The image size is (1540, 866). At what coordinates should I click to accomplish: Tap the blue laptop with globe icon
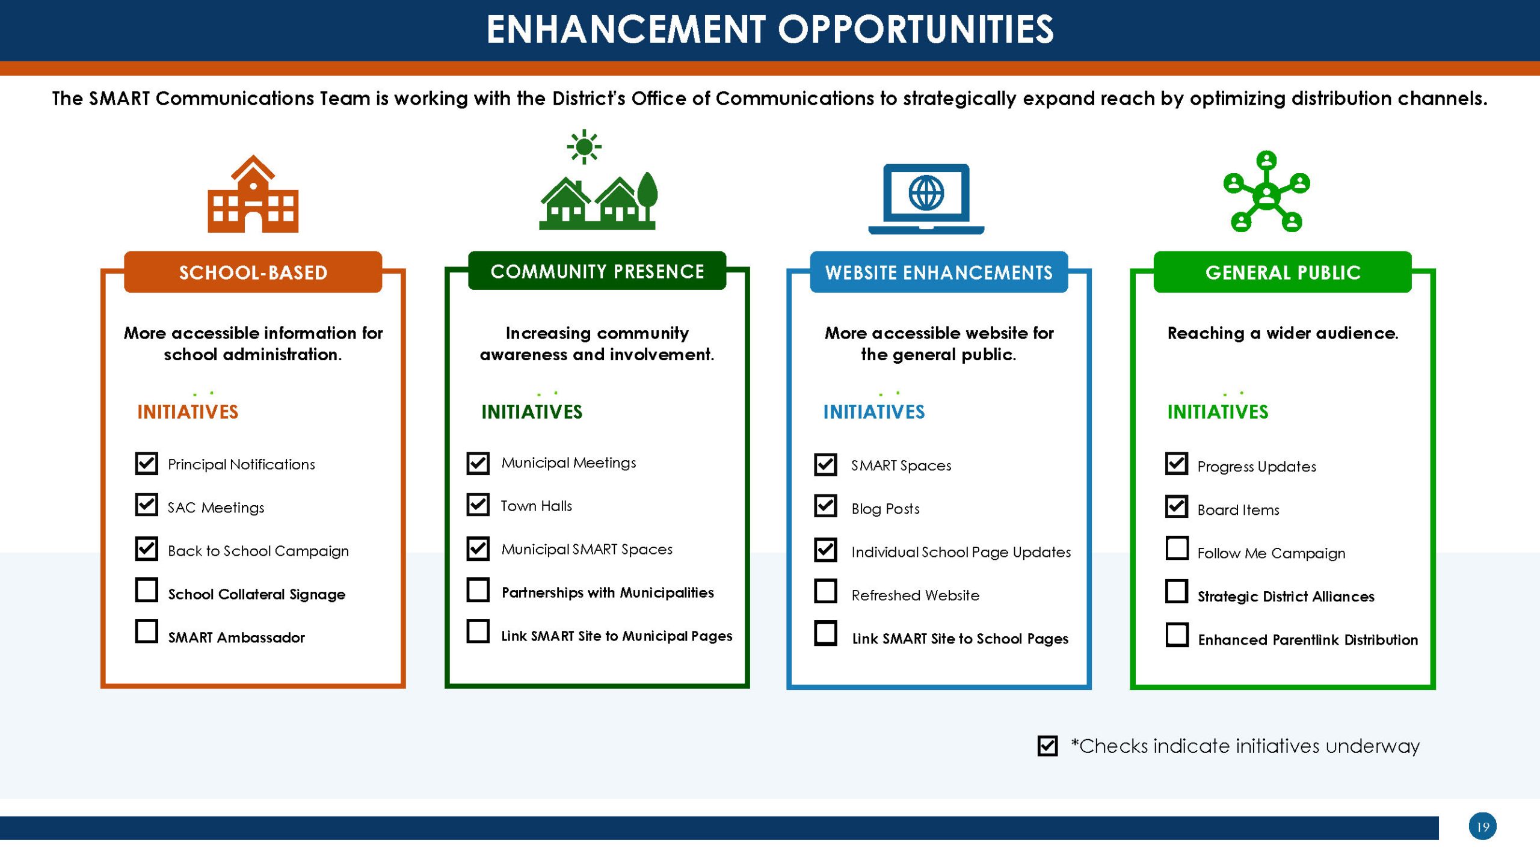tap(926, 199)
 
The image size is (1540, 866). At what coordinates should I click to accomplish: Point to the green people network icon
tap(1267, 191)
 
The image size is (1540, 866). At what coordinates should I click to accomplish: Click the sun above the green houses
tap(584, 147)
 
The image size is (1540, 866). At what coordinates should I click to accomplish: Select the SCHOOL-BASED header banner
tap(253, 272)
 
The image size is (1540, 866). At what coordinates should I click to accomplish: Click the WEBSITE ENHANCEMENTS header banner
tap(939, 272)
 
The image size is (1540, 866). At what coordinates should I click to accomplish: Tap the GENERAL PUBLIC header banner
tap(1283, 272)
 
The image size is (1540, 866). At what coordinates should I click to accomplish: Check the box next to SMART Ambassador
tap(146, 631)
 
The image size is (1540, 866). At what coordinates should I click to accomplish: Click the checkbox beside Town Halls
tap(478, 505)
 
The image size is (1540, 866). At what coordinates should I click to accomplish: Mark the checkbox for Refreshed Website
tap(825, 591)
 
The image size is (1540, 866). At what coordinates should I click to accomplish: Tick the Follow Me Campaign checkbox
tap(1177, 548)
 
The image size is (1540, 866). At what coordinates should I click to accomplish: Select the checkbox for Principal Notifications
tap(146, 464)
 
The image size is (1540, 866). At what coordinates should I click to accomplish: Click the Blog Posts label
tap(885, 509)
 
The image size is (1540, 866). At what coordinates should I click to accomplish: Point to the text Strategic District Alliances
tap(1286, 596)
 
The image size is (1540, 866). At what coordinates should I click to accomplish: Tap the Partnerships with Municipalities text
tap(608, 593)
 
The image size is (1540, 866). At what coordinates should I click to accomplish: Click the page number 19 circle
tap(1482, 826)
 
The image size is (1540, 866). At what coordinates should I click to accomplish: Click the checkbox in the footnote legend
tap(1047, 746)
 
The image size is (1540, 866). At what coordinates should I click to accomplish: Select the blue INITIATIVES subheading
tap(874, 412)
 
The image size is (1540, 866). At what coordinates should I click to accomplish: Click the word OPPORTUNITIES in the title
tap(916, 29)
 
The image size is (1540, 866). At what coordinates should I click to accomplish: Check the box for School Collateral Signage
tap(146, 590)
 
